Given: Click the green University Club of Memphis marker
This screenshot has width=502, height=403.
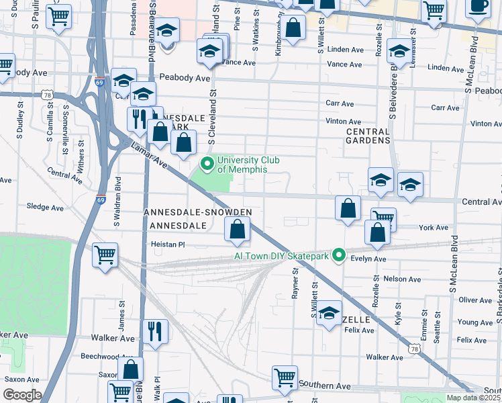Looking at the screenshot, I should (207, 164).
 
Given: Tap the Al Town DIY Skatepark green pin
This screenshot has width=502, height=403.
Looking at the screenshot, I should (339, 255).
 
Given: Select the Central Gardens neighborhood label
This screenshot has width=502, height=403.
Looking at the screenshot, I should (368, 136).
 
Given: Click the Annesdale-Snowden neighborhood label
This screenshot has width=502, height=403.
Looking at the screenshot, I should (198, 212).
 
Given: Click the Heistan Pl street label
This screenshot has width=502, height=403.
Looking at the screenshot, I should (167, 244).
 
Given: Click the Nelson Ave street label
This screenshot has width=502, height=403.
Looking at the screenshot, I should (402, 279).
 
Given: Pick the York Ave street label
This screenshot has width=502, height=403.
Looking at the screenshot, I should (433, 228).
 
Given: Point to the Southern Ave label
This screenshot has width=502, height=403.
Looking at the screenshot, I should (325, 386).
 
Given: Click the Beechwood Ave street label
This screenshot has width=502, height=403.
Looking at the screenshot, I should (100, 356).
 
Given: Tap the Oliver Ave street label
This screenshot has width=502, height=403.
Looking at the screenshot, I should (475, 300).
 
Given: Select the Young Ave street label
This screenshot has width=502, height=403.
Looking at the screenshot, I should (475, 322).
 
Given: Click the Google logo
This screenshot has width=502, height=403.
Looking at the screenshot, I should (21, 395).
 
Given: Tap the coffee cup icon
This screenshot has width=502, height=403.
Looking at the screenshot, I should (479, 7).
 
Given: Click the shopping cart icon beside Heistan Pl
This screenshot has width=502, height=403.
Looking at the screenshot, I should (105, 255).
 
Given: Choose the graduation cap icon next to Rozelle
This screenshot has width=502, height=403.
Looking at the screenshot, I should (329, 312).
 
